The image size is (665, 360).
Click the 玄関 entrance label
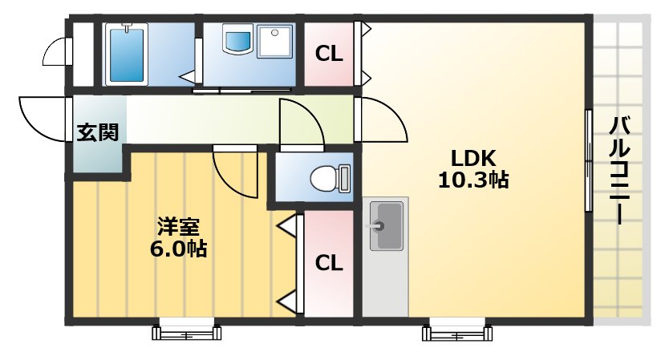98,133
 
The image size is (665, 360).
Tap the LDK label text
472,156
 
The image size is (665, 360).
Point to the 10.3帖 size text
472,180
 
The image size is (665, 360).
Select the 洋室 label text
178,226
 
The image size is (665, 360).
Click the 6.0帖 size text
178,249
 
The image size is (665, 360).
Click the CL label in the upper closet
329,55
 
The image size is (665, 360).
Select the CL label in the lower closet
329,263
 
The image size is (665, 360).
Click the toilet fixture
330,177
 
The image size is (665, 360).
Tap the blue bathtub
126,54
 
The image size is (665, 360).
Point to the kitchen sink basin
386,225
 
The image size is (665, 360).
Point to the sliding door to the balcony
589,160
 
